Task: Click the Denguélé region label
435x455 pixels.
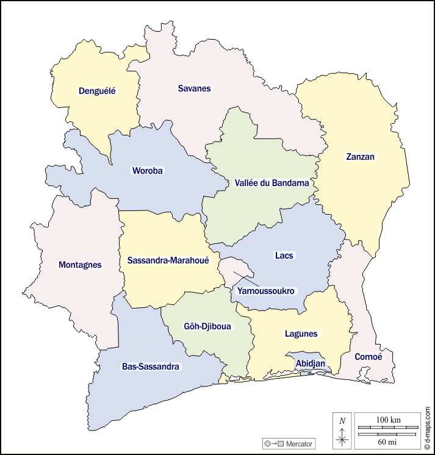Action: coord(97,91)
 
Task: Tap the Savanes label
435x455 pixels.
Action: coord(194,88)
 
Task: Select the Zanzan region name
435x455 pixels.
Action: coord(360,157)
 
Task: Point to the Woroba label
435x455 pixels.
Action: coord(148,171)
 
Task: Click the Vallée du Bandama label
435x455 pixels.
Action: coord(271,182)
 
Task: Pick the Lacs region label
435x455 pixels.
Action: coord(284,256)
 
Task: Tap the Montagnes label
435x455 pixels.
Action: coord(80,265)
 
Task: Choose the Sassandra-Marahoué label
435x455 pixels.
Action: coord(168,260)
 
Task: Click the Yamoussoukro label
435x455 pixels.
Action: coord(265,291)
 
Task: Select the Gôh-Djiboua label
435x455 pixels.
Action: coord(207,326)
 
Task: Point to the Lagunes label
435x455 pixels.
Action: coord(301,334)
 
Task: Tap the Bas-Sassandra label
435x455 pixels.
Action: coord(151,367)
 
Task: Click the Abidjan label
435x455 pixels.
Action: coord(310,364)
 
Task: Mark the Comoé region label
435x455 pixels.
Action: coord(367,357)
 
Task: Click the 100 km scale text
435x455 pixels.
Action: coord(388,420)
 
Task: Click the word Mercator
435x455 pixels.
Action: coord(299,443)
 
